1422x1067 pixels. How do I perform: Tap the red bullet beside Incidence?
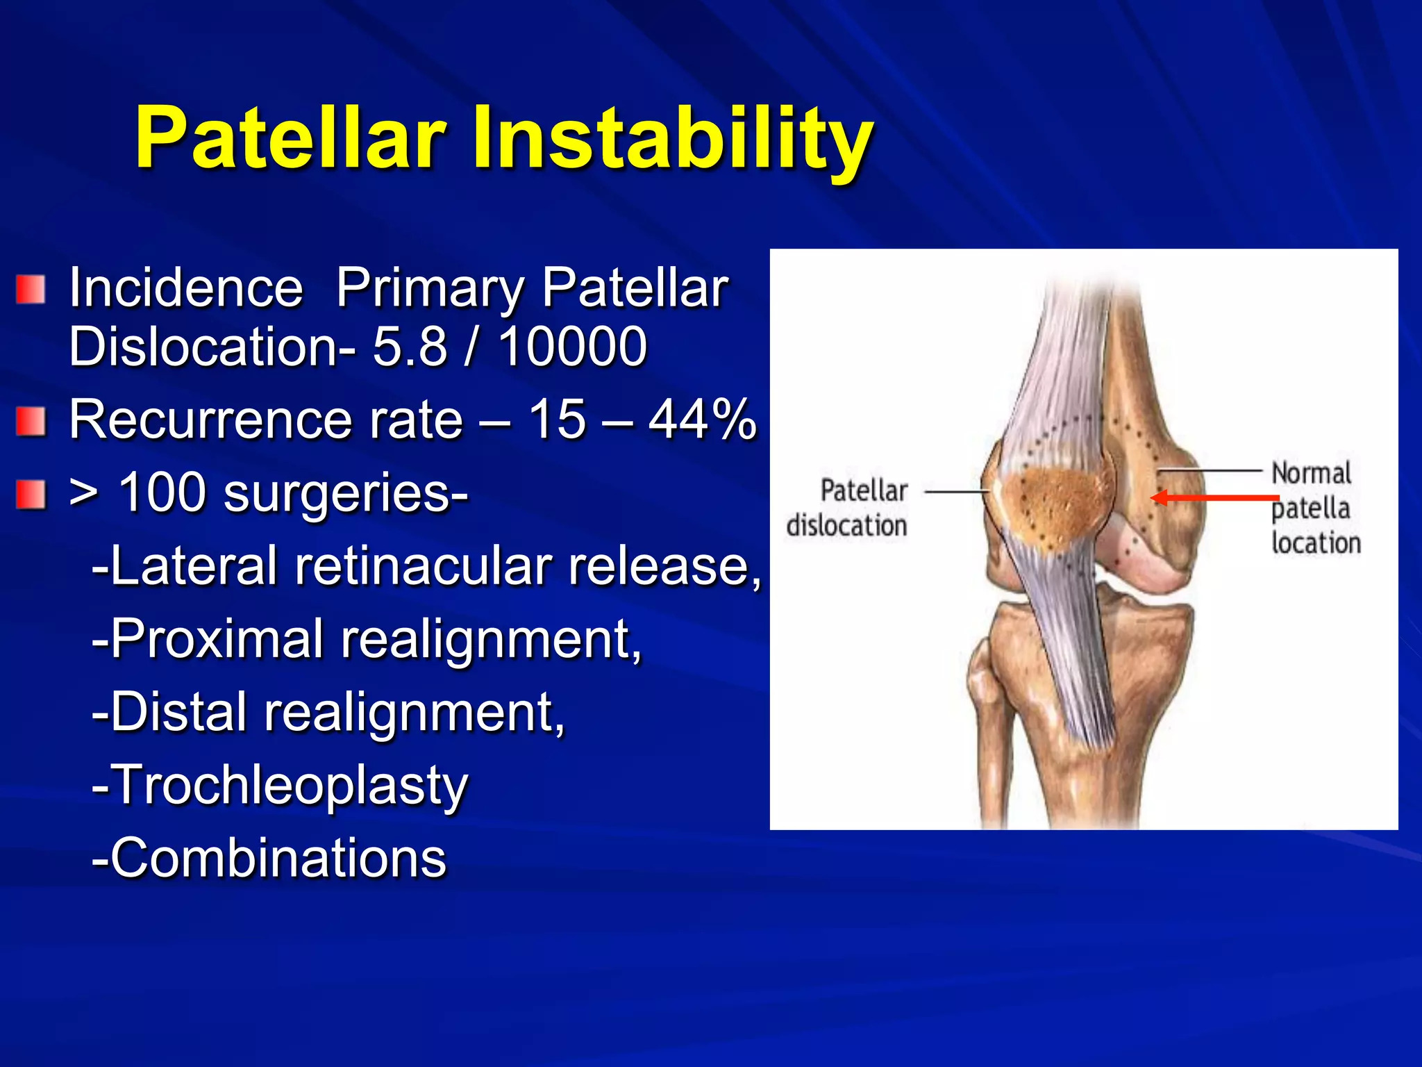click(31, 289)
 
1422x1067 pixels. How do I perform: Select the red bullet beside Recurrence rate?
click(31, 422)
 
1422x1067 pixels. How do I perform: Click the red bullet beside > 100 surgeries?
click(31, 494)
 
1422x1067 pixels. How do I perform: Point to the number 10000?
click(572, 347)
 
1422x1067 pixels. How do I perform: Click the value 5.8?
click(410, 347)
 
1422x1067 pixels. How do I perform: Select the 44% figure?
click(701, 420)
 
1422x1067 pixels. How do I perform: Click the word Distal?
click(178, 712)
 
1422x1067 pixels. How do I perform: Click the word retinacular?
click(423, 566)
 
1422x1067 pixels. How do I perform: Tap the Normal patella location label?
click(1314, 508)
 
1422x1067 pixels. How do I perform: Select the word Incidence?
click(186, 288)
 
